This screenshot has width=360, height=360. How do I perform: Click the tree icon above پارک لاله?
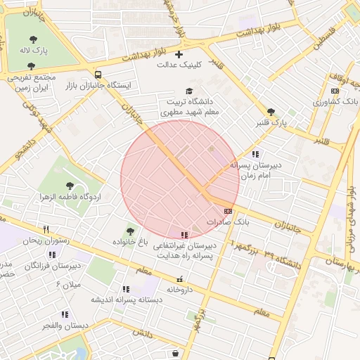pyautogui.click(x=33, y=39)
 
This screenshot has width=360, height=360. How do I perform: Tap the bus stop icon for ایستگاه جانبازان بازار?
pyautogui.click(x=98, y=74)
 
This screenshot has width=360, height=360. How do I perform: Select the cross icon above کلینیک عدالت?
pyautogui.click(x=179, y=54)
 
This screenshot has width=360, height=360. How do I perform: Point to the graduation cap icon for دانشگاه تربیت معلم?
pyautogui.click(x=188, y=91)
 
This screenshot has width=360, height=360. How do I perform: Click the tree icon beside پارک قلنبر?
pyautogui.click(x=271, y=112)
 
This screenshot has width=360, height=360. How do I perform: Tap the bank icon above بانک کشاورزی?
pyautogui.click(x=335, y=91)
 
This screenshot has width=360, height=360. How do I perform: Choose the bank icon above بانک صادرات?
pyautogui.click(x=227, y=210)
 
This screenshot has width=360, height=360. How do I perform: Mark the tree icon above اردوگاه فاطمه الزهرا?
pyautogui.click(x=69, y=186)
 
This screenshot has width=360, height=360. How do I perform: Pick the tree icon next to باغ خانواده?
pyautogui.click(x=129, y=230)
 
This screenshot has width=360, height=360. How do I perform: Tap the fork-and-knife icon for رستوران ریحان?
pyautogui.click(x=46, y=229)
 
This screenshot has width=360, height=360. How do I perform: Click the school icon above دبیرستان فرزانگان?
pyautogui.click(x=52, y=255)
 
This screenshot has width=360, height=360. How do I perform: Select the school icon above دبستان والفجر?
pyautogui.click(x=65, y=314)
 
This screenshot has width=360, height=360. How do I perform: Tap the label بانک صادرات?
pyautogui.click(x=228, y=221)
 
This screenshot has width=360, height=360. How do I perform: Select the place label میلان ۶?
pyautogui.click(x=68, y=284)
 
